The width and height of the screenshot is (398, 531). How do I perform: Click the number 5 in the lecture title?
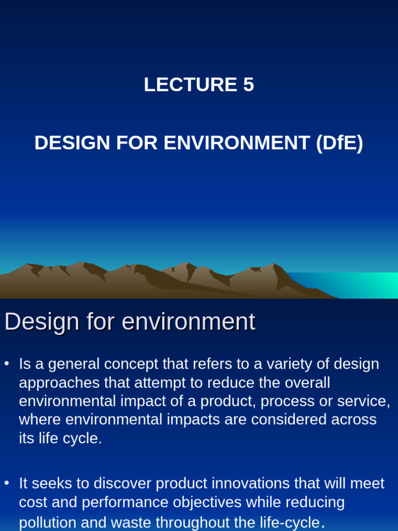point(248,85)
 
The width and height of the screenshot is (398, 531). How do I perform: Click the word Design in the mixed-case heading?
point(42,322)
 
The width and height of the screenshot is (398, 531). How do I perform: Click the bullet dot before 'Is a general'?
point(7,364)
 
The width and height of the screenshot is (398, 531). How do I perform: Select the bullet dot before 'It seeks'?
point(7,483)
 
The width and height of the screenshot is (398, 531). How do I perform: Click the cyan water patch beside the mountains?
point(352,284)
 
